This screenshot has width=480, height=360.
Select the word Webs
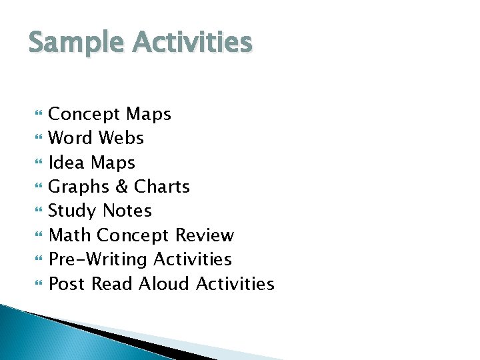pos(121,139)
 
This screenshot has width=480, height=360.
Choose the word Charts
pos(163,187)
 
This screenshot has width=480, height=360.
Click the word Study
pos(71,211)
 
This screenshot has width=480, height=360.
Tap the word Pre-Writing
pos(99,259)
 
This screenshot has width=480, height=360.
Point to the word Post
pos(67,284)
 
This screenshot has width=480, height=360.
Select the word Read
pos(111,284)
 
